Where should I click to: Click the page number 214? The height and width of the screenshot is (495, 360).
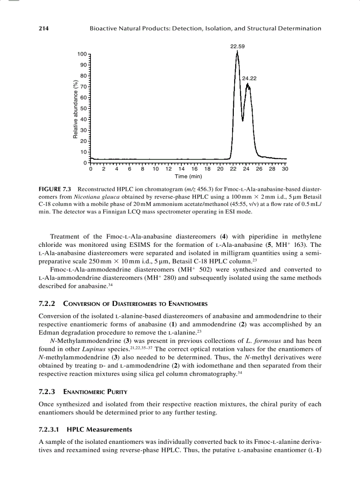tap(44, 29)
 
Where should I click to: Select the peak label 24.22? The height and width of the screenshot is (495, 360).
tap(249, 78)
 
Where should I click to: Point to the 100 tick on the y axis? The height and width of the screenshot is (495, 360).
tap(82, 54)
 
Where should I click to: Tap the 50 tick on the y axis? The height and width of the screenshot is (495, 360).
tap(83, 108)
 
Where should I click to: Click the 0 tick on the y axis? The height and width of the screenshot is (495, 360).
tap(85, 163)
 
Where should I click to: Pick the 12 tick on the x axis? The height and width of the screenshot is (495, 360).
tap(169, 169)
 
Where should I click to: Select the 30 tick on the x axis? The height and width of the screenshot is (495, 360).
tap(285, 169)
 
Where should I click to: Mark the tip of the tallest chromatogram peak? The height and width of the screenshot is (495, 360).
tap(237, 52)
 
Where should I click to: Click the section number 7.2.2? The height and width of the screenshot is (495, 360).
tap(47, 304)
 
